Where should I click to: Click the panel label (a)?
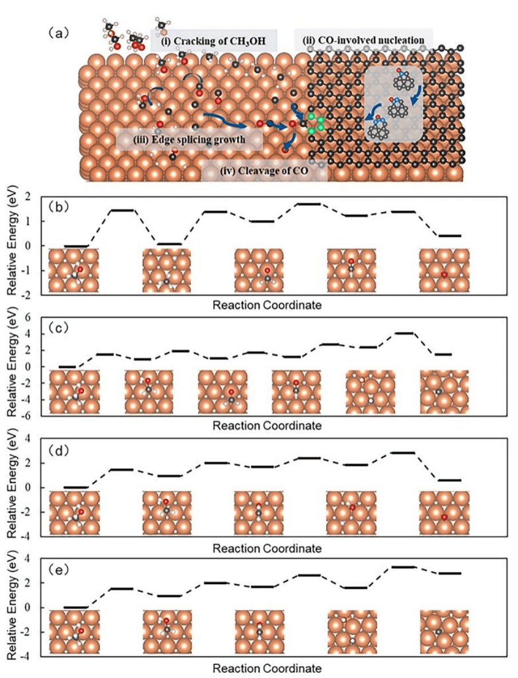pos(58,33)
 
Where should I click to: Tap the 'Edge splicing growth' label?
pos(189,139)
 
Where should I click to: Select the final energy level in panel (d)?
pos(449,480)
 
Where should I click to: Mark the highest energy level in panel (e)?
pos(403,567)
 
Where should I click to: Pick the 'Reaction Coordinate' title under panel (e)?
pos(267,668)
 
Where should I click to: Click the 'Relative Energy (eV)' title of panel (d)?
pos(13,488)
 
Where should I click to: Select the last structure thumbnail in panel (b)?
pos(444,270)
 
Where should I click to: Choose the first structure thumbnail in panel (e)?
pos(74,632)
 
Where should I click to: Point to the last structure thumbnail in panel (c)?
pos(444,392)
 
